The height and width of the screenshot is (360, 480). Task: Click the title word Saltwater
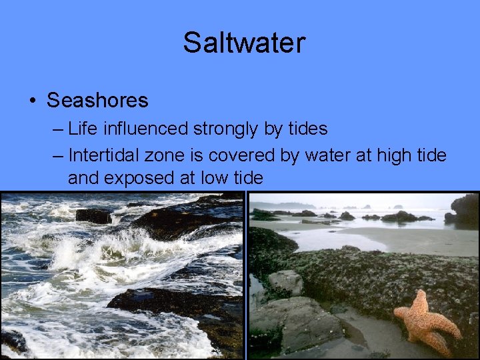pos(244,43)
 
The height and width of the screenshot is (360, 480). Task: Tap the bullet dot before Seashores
pos(32,101)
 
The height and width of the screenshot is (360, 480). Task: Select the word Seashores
pos(97,101)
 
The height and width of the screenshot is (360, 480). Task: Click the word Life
pos(82,128)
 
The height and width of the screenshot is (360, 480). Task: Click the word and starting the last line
pos(82,178)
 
